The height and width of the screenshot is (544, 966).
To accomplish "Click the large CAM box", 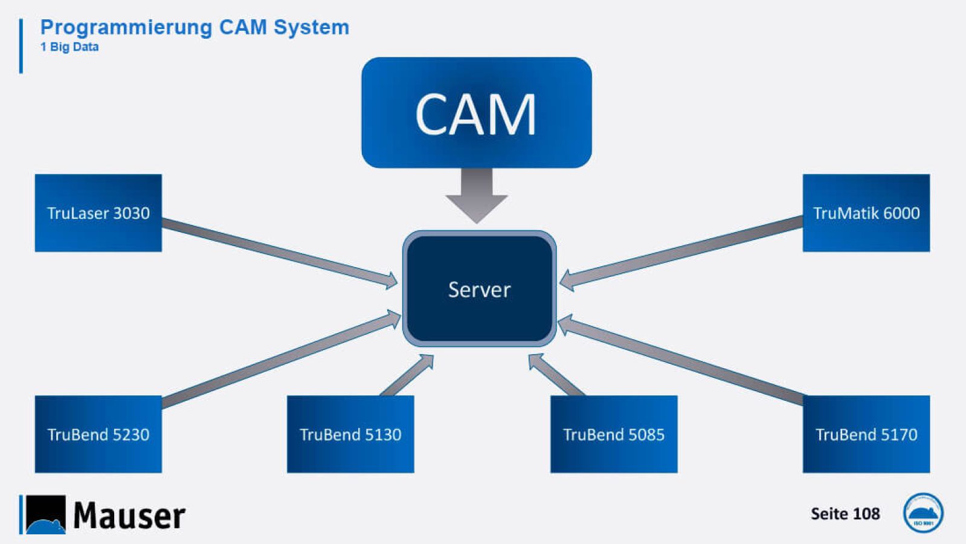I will [x=476, y=112].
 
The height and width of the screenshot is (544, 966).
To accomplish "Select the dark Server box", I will [x=479, y=289].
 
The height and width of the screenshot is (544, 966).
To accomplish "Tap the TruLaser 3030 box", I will [x=98, y=213].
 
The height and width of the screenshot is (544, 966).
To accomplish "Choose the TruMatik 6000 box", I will [x=866, y=213].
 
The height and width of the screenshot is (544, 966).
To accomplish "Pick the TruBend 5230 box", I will [x=98, y=434].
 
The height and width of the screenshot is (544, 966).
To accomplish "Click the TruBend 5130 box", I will [x=350, y=434].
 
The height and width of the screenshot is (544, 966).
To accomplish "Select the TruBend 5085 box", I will [x=613, y=434].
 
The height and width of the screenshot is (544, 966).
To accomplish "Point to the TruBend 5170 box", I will [x=866, y=434].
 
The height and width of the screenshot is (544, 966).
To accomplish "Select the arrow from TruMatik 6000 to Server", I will [x=683, y=250].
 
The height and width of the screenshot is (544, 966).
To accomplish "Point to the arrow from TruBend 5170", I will [x=683, y=360].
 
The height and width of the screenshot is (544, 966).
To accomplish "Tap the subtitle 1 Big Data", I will [x=69, y=47].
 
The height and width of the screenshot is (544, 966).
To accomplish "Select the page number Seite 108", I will [x=845, y=514].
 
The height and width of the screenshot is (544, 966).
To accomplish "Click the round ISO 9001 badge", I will [x=923, y=513].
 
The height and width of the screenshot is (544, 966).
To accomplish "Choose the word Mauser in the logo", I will [x=129, y=516].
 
